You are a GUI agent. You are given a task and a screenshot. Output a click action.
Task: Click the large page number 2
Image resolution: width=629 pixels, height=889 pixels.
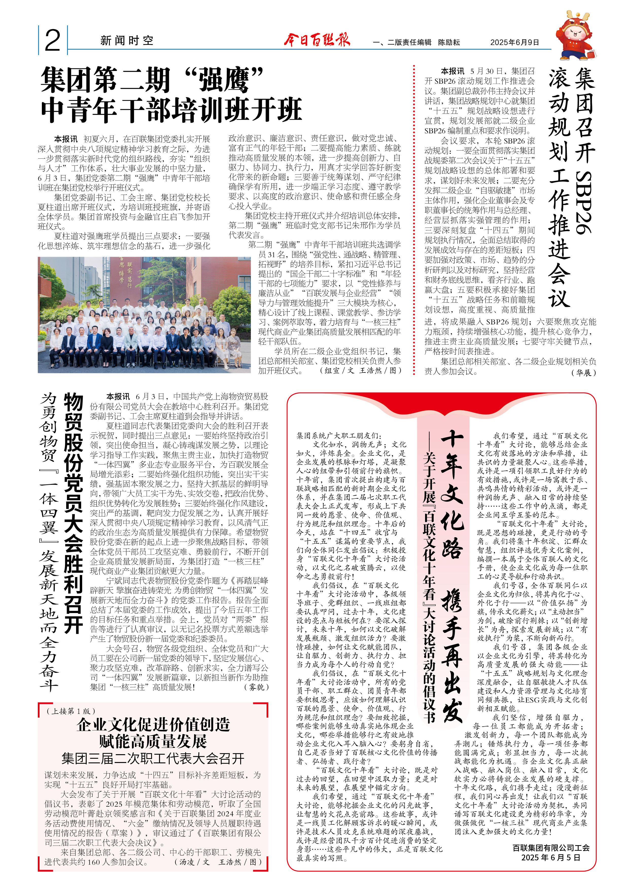(53, 40)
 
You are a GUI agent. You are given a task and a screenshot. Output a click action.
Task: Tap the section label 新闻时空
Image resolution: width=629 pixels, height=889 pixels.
(127, 41)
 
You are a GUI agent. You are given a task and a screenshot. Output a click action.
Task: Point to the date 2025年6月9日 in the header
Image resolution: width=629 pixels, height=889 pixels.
(514, 43)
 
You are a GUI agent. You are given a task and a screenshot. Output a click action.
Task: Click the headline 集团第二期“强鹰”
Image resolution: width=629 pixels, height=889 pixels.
(152, 80)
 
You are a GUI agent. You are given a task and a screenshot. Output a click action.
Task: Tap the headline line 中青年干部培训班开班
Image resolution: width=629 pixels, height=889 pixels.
(171, 110)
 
